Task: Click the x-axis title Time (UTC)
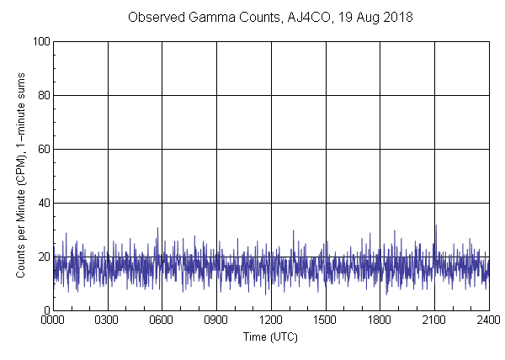pyautogui.click(x=270, y=336)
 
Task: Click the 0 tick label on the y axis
pyautogui.click(x=45, y=310)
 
